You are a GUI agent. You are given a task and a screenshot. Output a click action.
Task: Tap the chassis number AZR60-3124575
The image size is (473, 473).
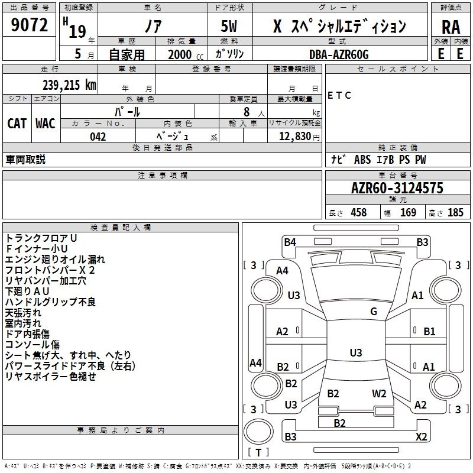(397, 188)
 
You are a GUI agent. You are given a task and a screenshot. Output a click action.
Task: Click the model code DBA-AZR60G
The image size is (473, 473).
(339, 54)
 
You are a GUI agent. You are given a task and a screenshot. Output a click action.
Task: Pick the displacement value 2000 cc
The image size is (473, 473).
(179, 54)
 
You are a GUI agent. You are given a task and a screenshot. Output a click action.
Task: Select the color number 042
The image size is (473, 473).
(98, 137)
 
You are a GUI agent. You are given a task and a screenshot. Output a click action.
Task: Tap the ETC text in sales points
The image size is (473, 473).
(339, 96)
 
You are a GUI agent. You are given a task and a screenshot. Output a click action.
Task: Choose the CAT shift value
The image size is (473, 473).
(17, 123)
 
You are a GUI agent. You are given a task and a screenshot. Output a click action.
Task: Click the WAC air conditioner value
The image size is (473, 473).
(45, 123)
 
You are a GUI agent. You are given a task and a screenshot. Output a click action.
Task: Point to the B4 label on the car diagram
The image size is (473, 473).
(289, 241)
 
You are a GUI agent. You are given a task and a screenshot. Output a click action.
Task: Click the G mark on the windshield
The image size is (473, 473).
(373, 312)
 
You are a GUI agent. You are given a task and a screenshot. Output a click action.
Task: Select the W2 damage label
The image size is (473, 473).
(379, 394)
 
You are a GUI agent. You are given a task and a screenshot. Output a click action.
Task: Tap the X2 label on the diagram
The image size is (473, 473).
(421, 437)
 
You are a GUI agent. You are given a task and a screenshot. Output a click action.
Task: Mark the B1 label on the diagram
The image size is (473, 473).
(429, 332)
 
